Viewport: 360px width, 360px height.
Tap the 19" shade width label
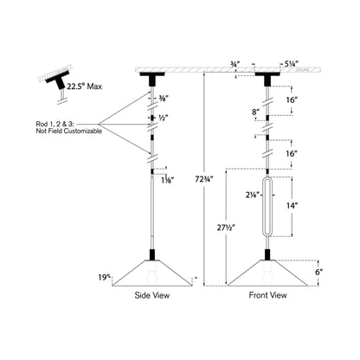point(106,277)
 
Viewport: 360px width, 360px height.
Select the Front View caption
point(267,295)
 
